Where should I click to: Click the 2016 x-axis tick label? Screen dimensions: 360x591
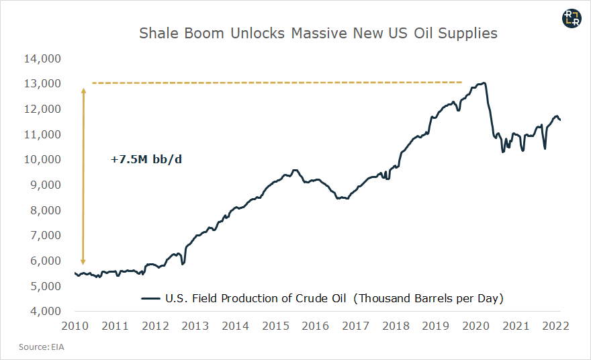pyautogui.click(x=315, y=326)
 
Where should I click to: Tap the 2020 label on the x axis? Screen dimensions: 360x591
pyautogui.click(x=475, y=326)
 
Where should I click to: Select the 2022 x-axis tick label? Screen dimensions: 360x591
pyautogui.click(x=555, y=326)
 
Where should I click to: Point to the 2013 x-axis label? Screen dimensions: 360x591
pyautogui.click(x=195, y=326)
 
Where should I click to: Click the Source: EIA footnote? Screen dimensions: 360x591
pyautogui.click(x=42, y=347)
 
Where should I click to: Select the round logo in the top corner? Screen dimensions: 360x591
pyautogui.click(x=571, y=19)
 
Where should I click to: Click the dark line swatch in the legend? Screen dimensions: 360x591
pyautogui.click(x=150, y=298)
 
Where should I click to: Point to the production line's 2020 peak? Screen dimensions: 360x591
pyautogui.click(x=483, y=83)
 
